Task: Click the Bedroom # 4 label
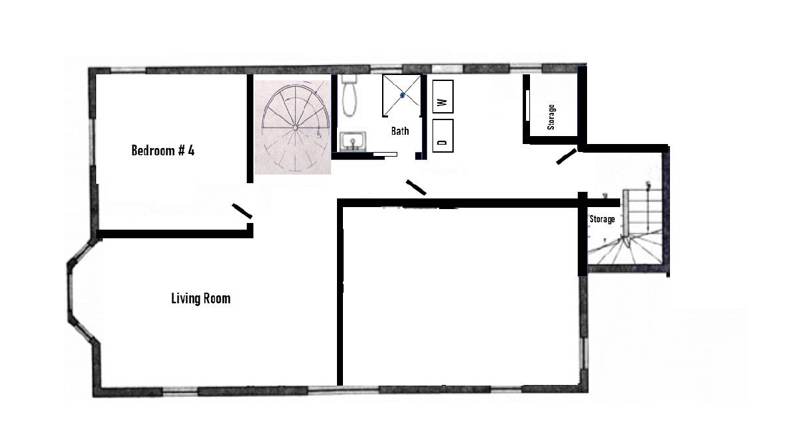click(163, 150)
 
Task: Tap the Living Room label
click(200, 298)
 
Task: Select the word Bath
click(399, 131)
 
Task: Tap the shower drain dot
click(402, 96)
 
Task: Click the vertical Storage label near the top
click(551, 117)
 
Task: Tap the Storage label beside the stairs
click(602, 219)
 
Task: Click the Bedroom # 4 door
click(241, 211)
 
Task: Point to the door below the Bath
click(416, 187)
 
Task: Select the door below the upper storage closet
click(566, 157)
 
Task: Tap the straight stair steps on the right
click(644, 209)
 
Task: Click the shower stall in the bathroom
click(402, 96)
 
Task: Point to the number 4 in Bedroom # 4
click(191, 150)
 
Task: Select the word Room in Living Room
click(218, 298)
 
